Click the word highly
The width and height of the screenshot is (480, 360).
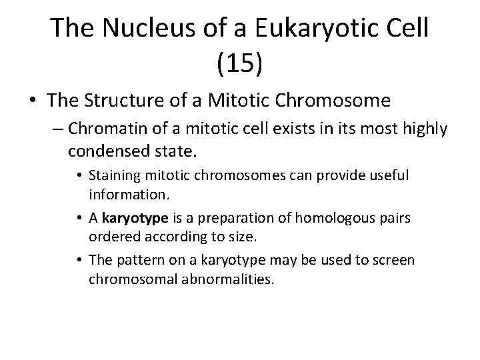pyautogui.click(x=425, y=128)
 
